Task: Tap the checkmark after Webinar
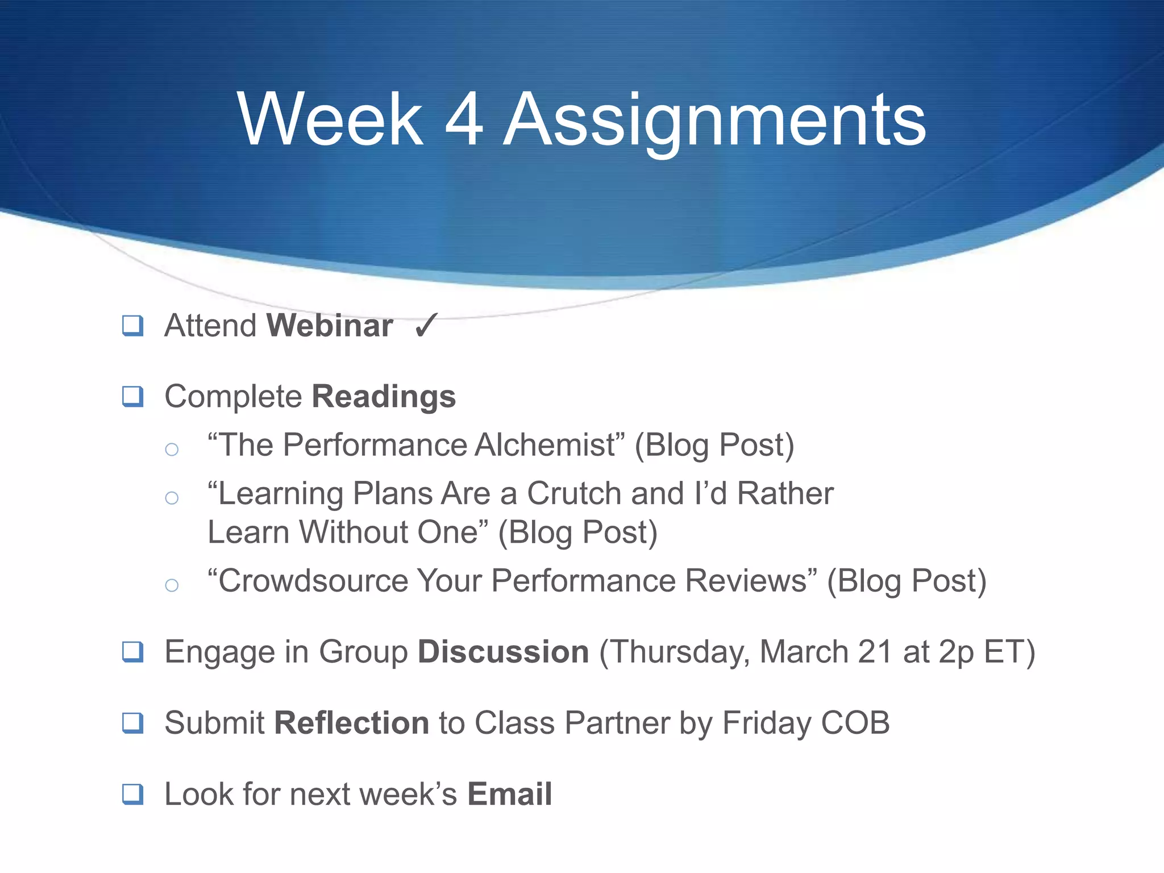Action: click(x=426, y=326)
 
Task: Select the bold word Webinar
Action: click(x=330, y=326)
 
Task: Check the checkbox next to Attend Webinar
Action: click(x=133, y=326)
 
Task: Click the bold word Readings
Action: click(x=384, y=397)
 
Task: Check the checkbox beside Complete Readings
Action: click(x=133, y=396)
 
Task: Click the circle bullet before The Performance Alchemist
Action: click(x=172, y=450)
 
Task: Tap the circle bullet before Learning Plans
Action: click(x=172, y=498)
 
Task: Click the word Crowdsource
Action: click(x=313, y=581)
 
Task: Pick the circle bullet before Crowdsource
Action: click(x=172, y=585)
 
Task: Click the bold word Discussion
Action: click(x=503, y=652)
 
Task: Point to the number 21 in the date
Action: click(x=875, y=652)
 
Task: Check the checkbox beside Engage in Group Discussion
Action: click(x=133, y=651)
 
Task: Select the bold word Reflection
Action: click(x=351, y=723)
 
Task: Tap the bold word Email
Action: click(x=509, y=794)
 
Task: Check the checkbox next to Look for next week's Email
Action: click(x=133, y=793)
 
